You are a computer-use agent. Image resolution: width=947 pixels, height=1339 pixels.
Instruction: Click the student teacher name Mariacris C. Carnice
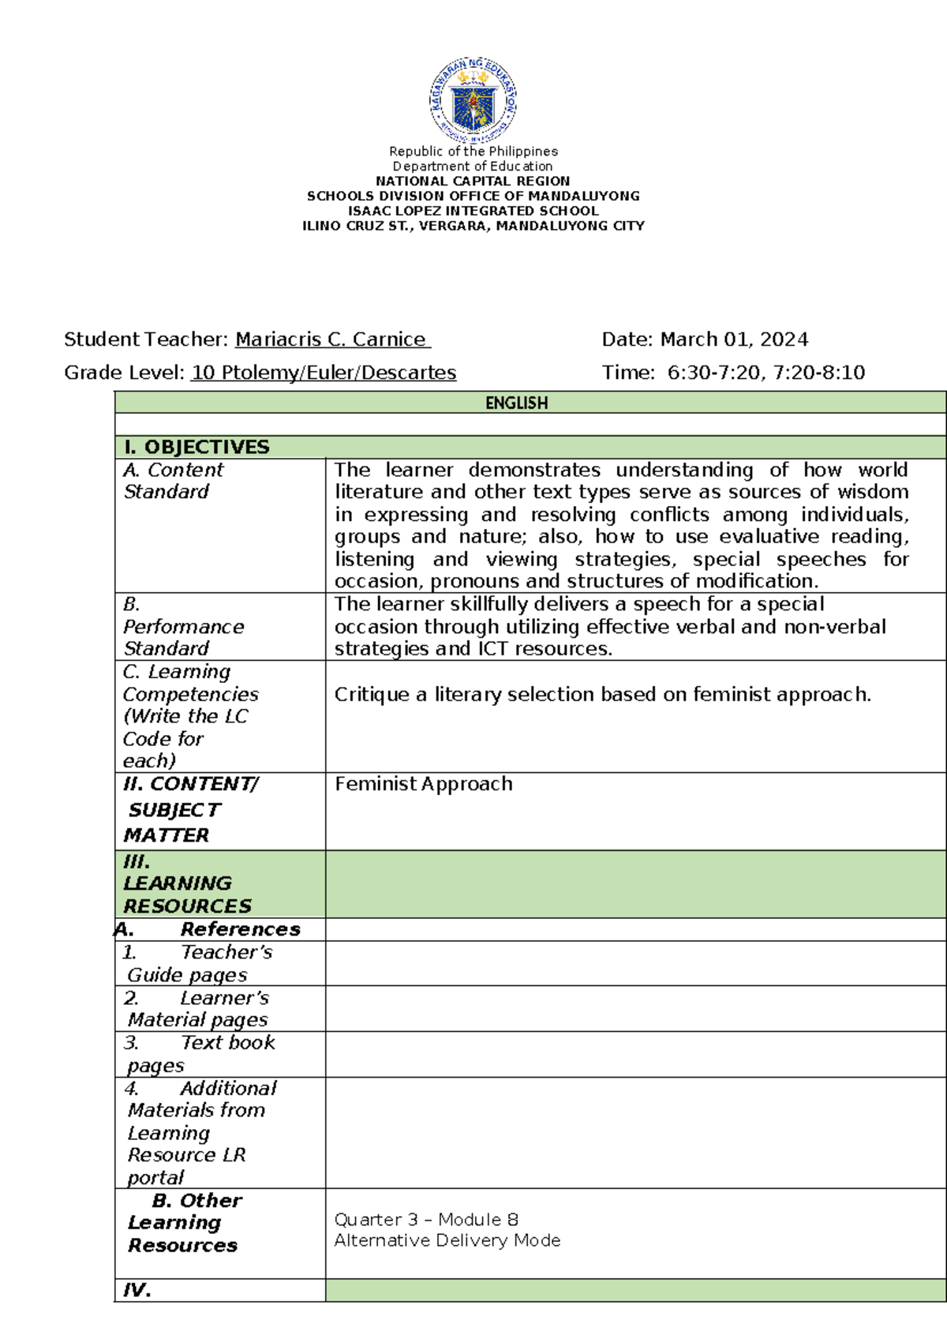(x=331, y=339)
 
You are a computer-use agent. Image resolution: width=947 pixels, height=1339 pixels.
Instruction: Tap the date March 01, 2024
(x=734, y=339)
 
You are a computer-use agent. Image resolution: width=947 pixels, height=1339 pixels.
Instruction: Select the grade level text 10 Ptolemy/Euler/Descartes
(x=324, y=373)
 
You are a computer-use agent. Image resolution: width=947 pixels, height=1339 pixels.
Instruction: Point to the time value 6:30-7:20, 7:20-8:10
(x=765, y=373)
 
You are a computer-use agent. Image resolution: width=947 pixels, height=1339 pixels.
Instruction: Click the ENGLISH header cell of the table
(x=516, y=403)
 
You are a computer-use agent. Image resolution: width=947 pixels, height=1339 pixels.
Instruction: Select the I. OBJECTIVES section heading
(x=197, y=447)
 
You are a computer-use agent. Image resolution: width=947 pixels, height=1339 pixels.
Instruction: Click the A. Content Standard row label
(x=174, y=480)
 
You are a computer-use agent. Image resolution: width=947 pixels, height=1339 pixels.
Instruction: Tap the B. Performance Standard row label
(x=183, y=626)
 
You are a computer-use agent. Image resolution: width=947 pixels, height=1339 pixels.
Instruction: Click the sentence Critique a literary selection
(x=602, y=695)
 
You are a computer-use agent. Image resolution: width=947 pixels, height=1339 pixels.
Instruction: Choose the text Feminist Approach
(x=424, y=784)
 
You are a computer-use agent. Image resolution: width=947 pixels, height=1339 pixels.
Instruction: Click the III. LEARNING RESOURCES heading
(x=187, y=883)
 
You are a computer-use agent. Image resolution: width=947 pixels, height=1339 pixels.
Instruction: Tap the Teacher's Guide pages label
(x=197, y=963)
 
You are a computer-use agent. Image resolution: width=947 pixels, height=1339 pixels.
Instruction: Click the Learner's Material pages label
(x=197, y=1008)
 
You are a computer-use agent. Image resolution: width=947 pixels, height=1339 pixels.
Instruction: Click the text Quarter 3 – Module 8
(x=426, y=1219)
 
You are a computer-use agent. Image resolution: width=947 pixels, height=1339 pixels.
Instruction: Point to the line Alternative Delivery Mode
(x=447, y=1240)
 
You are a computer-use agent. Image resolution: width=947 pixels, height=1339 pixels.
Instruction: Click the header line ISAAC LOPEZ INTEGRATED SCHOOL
(x=473, y=211)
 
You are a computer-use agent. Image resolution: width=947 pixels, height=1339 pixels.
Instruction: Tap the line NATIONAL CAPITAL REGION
(x=473, y=181)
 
